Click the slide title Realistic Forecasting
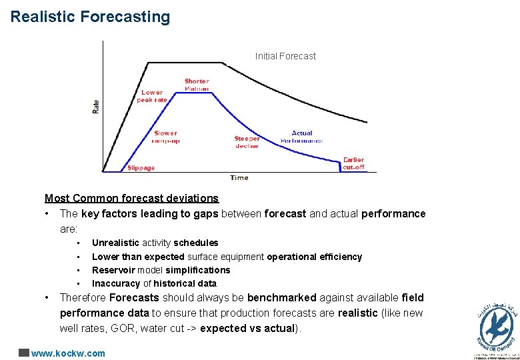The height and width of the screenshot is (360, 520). pos(90,17)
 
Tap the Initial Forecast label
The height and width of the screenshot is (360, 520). pos(285,56)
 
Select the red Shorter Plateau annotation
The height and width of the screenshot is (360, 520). pos(197,85)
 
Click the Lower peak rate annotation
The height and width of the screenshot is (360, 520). pos(152,96)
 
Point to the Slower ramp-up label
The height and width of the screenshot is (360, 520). pos(165,137)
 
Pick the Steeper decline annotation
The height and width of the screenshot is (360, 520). pos(247,142)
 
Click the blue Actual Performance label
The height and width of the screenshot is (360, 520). pos(302,137)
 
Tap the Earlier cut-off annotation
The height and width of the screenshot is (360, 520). pos(353,163)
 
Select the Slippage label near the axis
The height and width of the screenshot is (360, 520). pos(141,168)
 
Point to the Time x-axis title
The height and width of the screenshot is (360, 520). pos(239,177)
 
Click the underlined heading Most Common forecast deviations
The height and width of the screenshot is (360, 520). pos(131,198)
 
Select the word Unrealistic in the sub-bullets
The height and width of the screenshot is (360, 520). pos(115,243)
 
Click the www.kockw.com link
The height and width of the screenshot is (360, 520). pos(68,353)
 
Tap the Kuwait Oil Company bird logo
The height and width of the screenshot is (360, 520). pos(497,327)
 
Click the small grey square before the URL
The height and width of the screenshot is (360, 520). pos(24,353)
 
